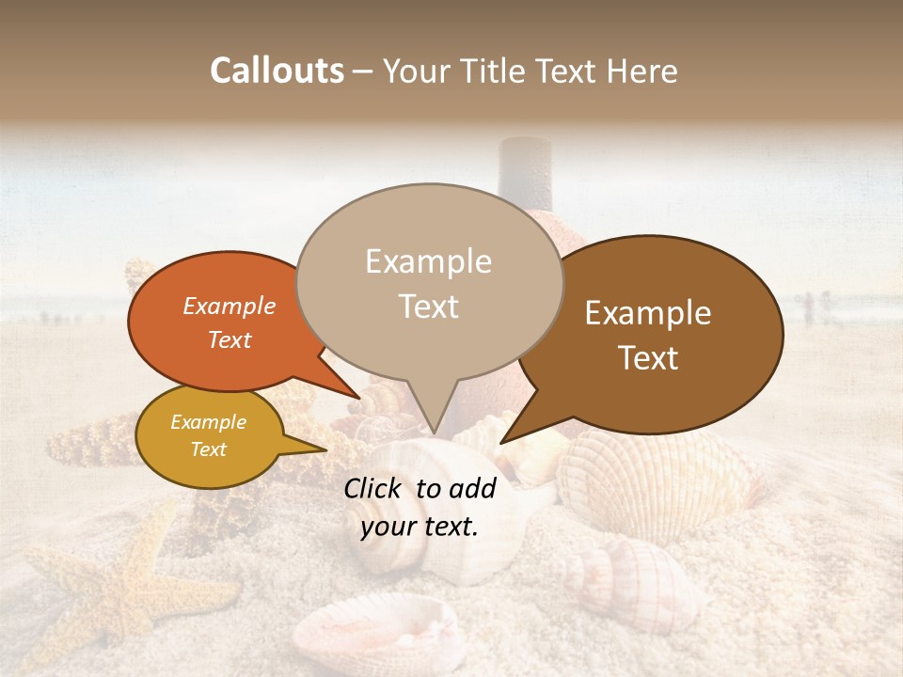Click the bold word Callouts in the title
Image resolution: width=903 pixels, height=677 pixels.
click(x=277, y=71)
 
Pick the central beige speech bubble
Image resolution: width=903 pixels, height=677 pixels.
click(x=429, y=282)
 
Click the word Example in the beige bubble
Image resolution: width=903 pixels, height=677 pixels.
click(x=429, y=261)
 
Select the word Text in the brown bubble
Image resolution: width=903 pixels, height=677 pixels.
click(x=649, y=358)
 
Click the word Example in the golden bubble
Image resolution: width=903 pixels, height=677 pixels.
click(x=209, y=422)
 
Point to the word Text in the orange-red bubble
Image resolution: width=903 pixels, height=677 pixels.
click(x=230, y=340)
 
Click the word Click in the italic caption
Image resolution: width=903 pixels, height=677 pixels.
click(x=374, y=488)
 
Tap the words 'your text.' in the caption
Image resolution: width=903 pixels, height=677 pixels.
click(x=420, y=527)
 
